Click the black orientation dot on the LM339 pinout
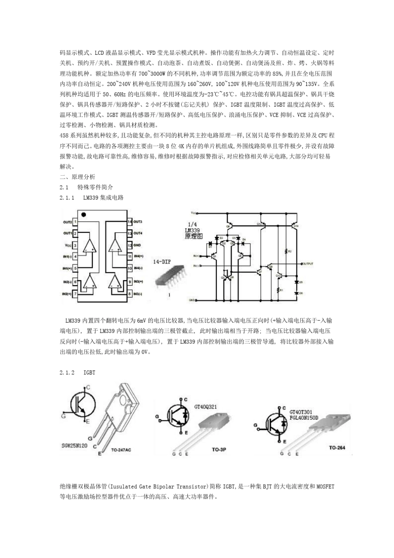(x=84, y=215)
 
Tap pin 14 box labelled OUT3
(x=130, y=222)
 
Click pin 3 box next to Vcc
(x=75, y=245)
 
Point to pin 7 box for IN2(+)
(x=75, y=294)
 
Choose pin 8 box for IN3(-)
(x=130, y=294)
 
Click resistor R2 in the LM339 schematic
(x=285, y=251)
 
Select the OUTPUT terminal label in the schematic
(x=308, y=264)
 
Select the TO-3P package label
(x=218, y=449)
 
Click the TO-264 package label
(x=337, y=448)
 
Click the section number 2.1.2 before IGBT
(x=67, y=372)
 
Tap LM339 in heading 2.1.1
(x=91, y=198)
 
